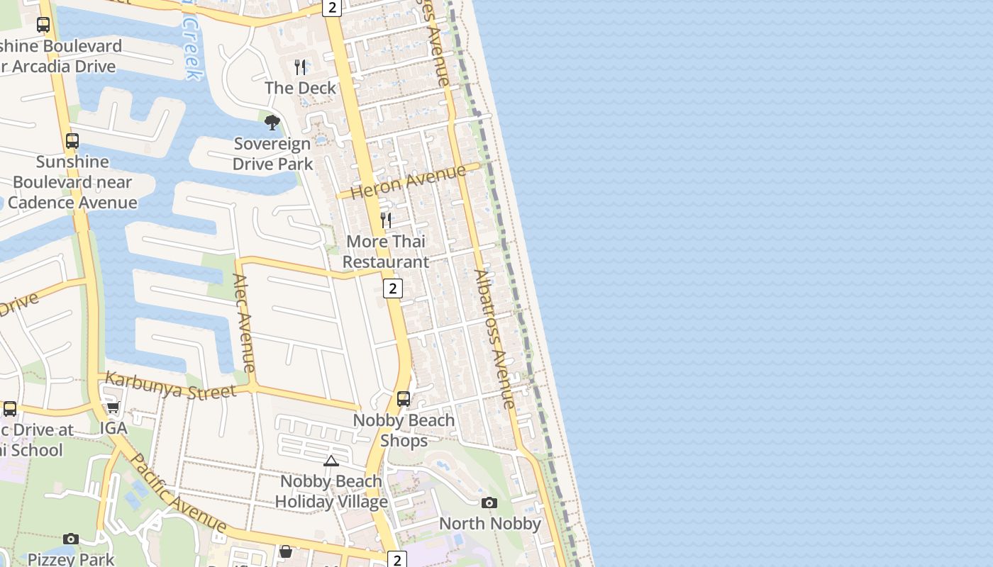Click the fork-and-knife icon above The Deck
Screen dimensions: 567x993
pos(301,67)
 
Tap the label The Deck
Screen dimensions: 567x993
pos(301,88)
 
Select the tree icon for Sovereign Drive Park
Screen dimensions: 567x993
pos(272,123)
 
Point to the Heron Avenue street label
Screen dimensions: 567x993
pos(408,181)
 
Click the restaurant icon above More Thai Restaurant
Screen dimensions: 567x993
pos(386,220)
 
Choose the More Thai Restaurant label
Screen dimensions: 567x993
pos(386,252)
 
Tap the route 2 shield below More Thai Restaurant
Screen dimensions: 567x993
pos(392,288)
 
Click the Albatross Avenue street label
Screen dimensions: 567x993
pos(494,339)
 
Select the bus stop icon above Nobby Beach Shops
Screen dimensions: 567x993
pos(404,399)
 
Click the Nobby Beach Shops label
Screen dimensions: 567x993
pos(404,430)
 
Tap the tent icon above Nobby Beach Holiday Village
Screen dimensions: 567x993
pos(331,461)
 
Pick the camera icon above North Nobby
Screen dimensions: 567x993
pos(489,503)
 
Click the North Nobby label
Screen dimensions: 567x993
pos(490,524)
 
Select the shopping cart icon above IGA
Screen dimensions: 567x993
pos(113,408)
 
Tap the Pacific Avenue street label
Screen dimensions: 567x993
pos(178,493)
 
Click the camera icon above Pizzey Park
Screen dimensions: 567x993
pos(71,539)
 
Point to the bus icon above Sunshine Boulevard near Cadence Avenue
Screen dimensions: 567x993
pos(72,141)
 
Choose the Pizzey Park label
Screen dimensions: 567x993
pos(71,559)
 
